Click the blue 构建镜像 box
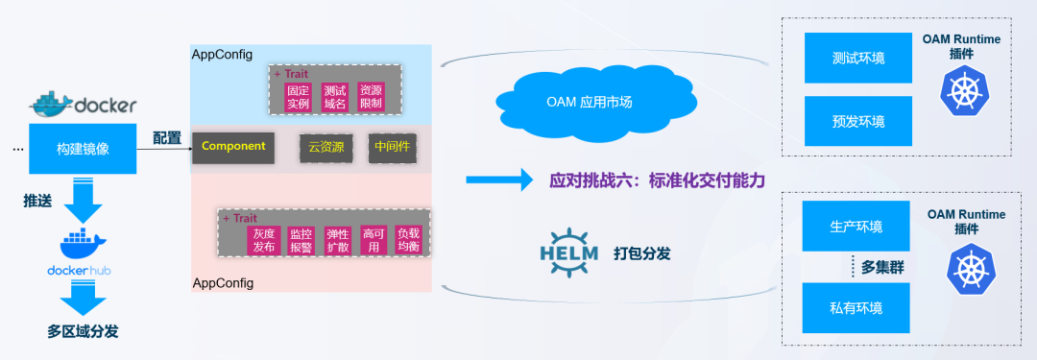82,148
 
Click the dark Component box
234,146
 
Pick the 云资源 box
326,147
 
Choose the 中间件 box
392,147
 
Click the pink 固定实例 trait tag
298,96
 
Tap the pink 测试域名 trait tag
334,96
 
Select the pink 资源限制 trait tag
371,96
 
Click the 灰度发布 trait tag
265,240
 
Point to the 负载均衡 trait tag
407,240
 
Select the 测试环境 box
857,59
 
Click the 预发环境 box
857,121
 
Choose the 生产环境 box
856,227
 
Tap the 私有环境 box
856,308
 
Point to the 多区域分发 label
84,332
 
